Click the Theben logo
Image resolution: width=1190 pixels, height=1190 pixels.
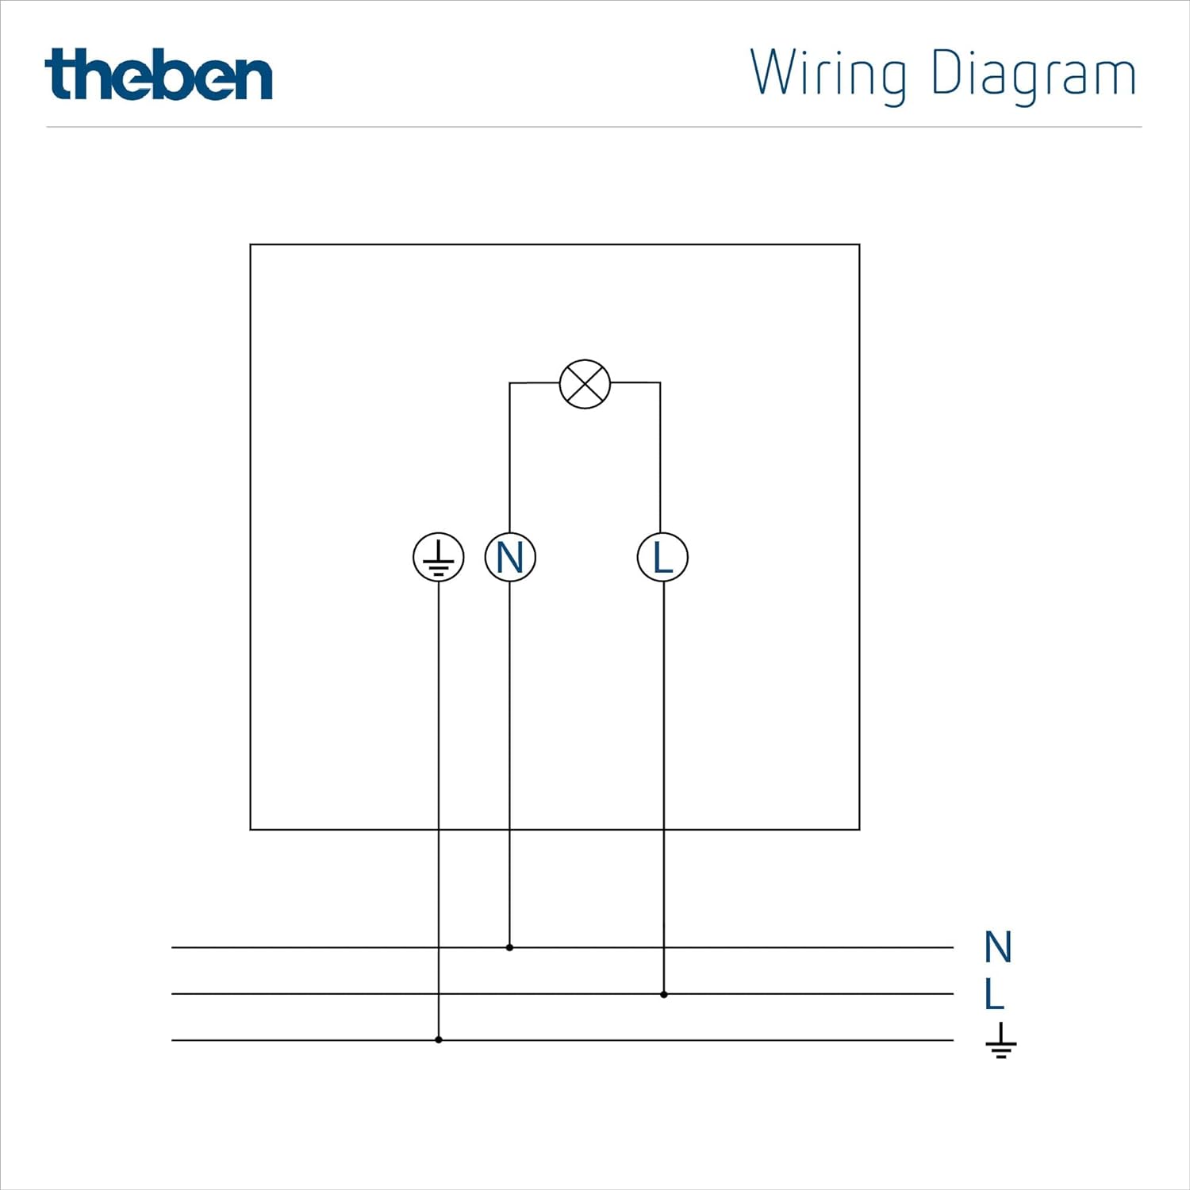click(x=159, y=75)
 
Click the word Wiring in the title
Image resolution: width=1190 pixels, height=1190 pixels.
click(x=827, y=74)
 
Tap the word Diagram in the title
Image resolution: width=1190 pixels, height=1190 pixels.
click(x=1033, y=74)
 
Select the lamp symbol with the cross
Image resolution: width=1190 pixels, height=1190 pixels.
click(x=585, y=384)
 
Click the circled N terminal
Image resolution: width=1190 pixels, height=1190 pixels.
click(x=510, y=557)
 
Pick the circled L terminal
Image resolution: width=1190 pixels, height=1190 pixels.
click(x=662, y=557)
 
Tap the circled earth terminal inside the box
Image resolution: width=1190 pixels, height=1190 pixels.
click(x=439, y=557)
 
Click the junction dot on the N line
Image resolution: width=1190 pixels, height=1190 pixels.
click(x=509, y=947)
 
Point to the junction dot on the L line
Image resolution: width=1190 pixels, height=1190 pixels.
click(x=664, y=994)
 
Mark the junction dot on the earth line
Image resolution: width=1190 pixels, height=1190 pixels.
click(x=439, y=1039)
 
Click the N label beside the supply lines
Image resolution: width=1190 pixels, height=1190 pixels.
click(x=998, y=947)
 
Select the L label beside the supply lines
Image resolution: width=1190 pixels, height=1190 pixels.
click(x=994, y=993)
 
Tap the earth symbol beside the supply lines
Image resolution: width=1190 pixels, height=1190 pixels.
click(x=1001, y=1041)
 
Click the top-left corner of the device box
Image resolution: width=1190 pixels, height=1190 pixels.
click(x=251, y=245)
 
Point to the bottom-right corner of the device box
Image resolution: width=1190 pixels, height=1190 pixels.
click(x=859, y=829)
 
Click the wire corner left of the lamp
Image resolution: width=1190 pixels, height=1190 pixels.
click(x=509, y=383)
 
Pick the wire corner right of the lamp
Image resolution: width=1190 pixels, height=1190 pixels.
click(x=660, y=383)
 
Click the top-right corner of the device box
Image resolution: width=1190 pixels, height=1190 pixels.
click(x=859, y=245)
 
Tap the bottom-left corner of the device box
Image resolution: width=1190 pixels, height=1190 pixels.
click(x=251, y=829)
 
